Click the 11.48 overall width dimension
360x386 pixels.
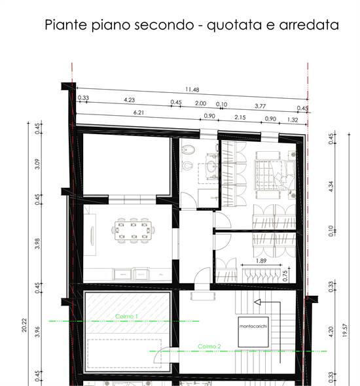(x=192, y=90)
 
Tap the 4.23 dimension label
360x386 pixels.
(x=129, y=100)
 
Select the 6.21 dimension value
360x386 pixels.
(x=138, y=113)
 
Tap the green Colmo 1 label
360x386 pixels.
(x=128, y=317)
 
